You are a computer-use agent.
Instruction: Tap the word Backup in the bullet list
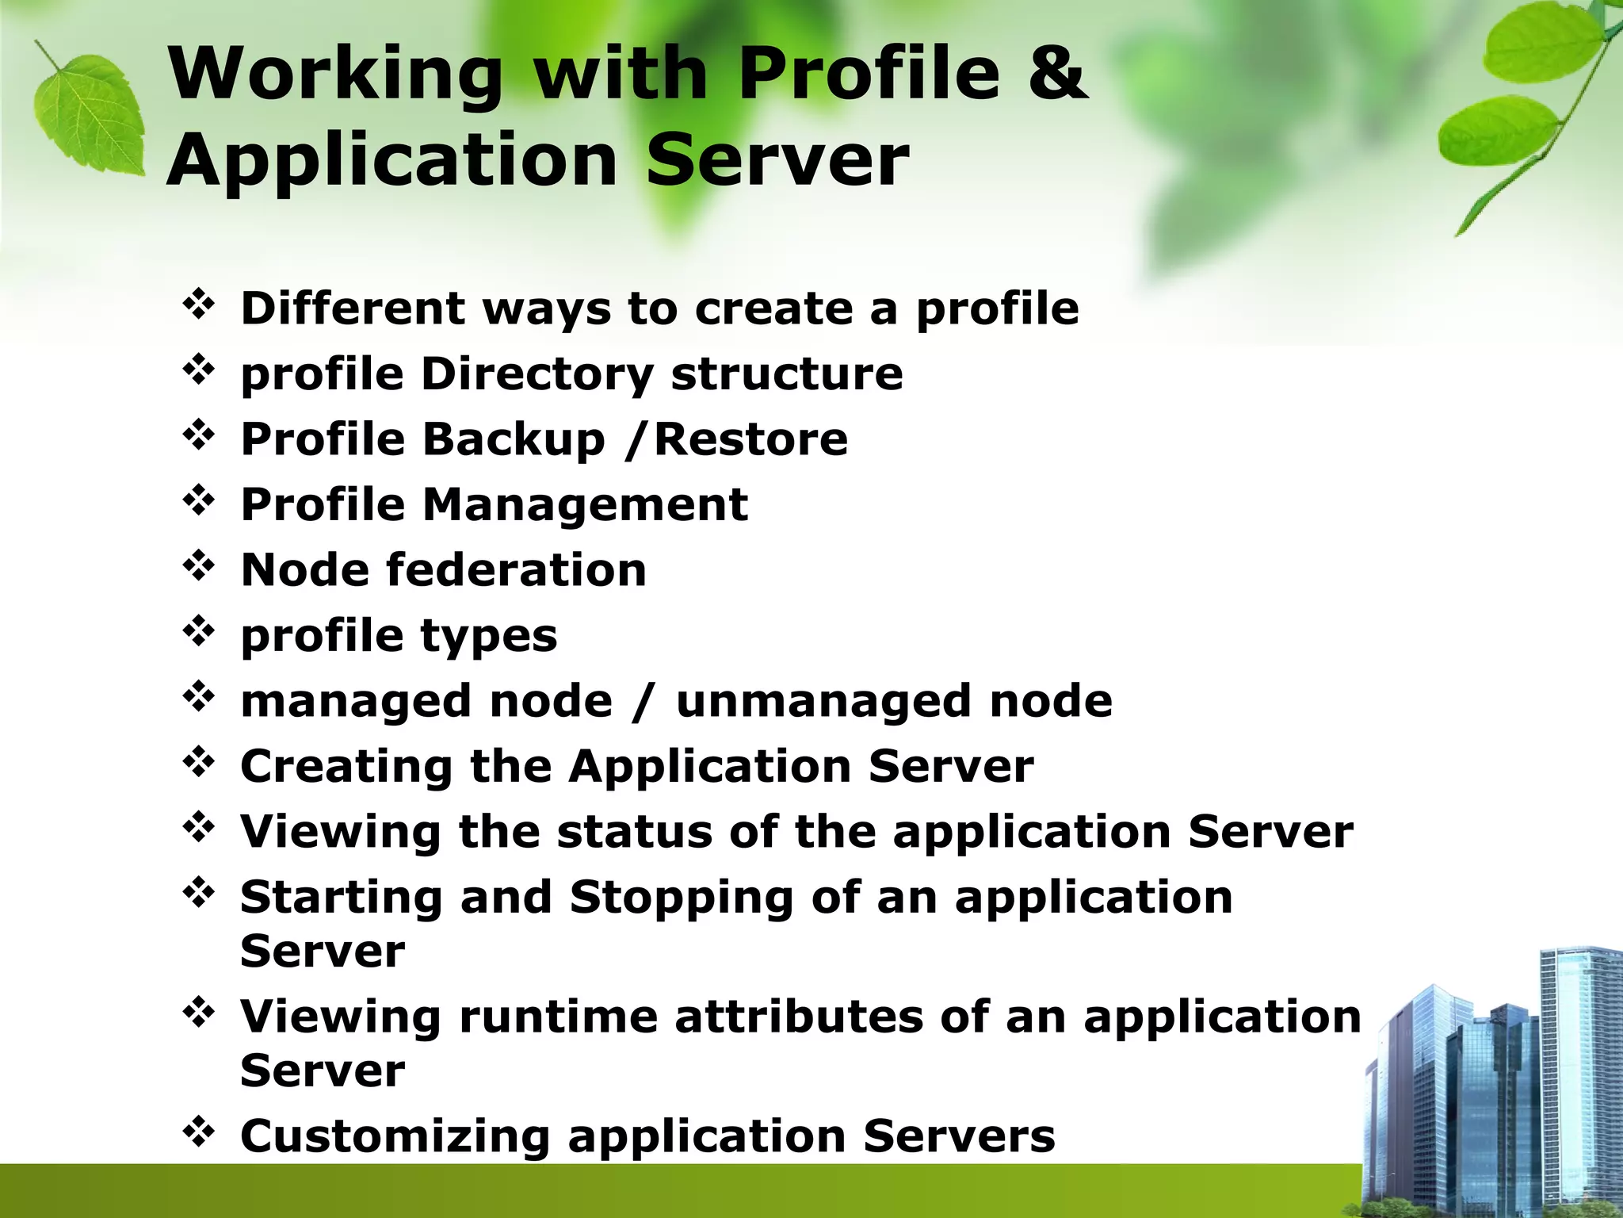[514, 439]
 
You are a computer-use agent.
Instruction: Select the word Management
[585, 505]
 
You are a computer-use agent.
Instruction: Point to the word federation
[516, 570]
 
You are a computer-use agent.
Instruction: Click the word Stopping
[682, 898]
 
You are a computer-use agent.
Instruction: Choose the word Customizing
[395, 1136]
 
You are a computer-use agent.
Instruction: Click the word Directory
[537, 374]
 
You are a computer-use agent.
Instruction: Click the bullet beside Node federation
[199, 566]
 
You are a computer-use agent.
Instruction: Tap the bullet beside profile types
[199, 632]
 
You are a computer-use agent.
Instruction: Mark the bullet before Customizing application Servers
[199, 1132]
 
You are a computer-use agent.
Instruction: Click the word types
[489, 637]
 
